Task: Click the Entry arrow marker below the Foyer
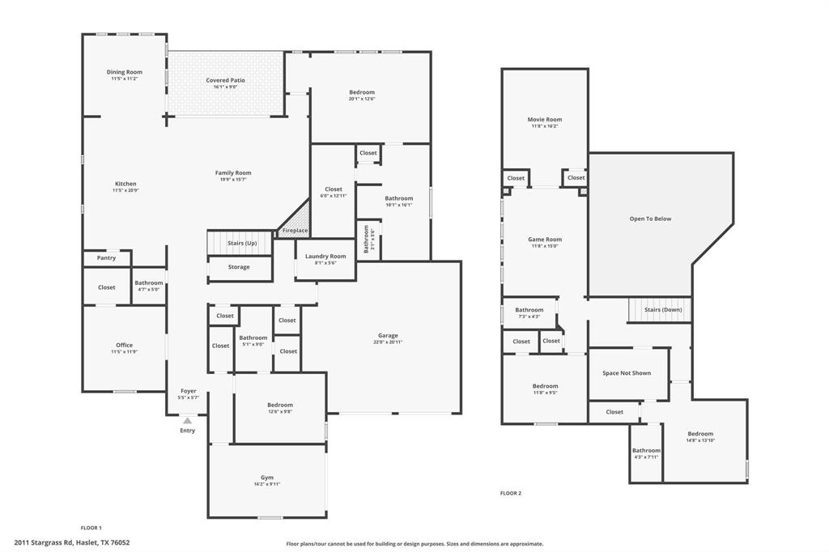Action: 187,420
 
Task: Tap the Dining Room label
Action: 124,72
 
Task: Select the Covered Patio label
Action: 225,80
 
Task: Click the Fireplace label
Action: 295,231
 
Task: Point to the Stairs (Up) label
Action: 242,243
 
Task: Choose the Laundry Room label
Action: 325,257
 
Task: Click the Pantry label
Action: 106,258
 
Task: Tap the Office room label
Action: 124,345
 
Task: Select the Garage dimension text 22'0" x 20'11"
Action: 388,342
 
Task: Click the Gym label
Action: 267,478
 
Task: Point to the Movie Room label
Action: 545,120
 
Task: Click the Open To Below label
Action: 650,219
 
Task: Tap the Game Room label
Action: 545,240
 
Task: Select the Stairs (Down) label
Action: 662,310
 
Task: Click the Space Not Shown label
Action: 627,373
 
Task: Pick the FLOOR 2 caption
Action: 511,493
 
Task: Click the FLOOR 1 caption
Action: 91,528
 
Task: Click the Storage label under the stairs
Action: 239,267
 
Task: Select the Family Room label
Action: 233,172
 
